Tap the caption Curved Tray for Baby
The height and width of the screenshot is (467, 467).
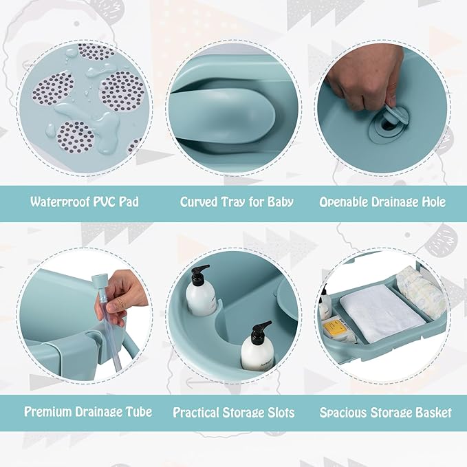(x=237, y=202)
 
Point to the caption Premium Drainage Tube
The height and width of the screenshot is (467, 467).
(x=88, y=412)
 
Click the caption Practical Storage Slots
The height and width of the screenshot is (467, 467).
(x=234, y=413)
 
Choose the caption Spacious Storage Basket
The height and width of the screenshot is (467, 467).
(x=386, y=413)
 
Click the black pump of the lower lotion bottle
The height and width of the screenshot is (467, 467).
(x=259, y=332)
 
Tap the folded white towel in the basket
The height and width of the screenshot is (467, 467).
(x=382, y=314)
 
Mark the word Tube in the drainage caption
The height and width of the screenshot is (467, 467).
(x=138, y=412)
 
